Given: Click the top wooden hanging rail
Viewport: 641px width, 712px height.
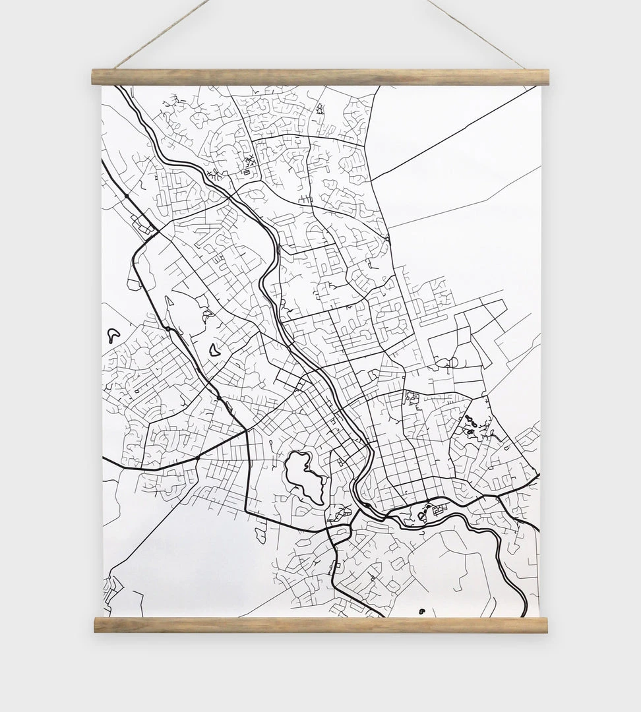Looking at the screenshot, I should [320, 77].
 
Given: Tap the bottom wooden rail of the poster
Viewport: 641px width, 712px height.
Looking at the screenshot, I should [320, 624].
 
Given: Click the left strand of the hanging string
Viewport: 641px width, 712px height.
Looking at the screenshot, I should [162, 34].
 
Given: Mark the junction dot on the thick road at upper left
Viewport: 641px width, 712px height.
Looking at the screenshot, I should [126, 196].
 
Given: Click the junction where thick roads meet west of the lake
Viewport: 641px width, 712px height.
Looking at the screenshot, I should [246, 431].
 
